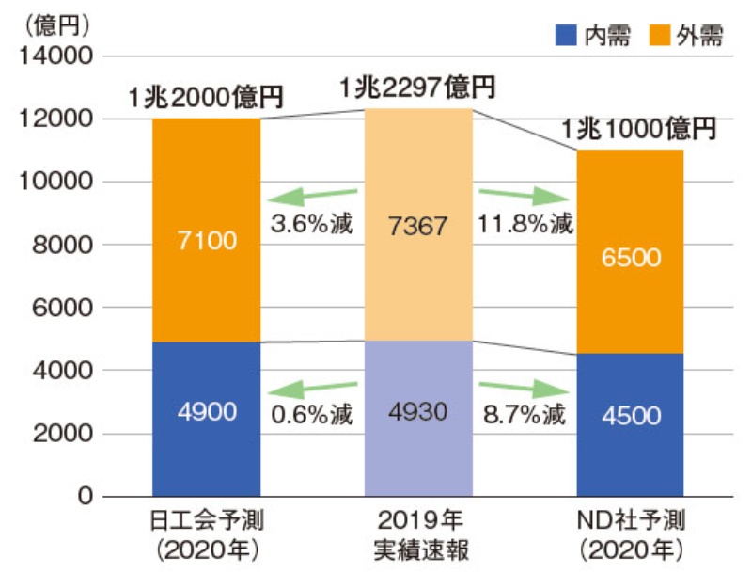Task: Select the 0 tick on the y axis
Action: [86, 496]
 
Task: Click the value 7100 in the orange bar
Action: [207, 240]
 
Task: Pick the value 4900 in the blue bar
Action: [207, 411]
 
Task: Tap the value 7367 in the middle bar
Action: [418, 226]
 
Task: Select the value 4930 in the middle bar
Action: [418, 411]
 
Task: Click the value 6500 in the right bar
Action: [630, 256]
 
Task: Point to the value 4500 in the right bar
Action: [630, 415]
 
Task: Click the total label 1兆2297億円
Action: [417, 88]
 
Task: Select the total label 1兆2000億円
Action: [207, 97]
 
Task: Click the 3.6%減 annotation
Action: [312, 226]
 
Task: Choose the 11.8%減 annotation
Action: [525, 226]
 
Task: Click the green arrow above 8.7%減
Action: [523, 387]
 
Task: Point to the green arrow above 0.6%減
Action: [312, 387]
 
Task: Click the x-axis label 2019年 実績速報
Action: [418, 533]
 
